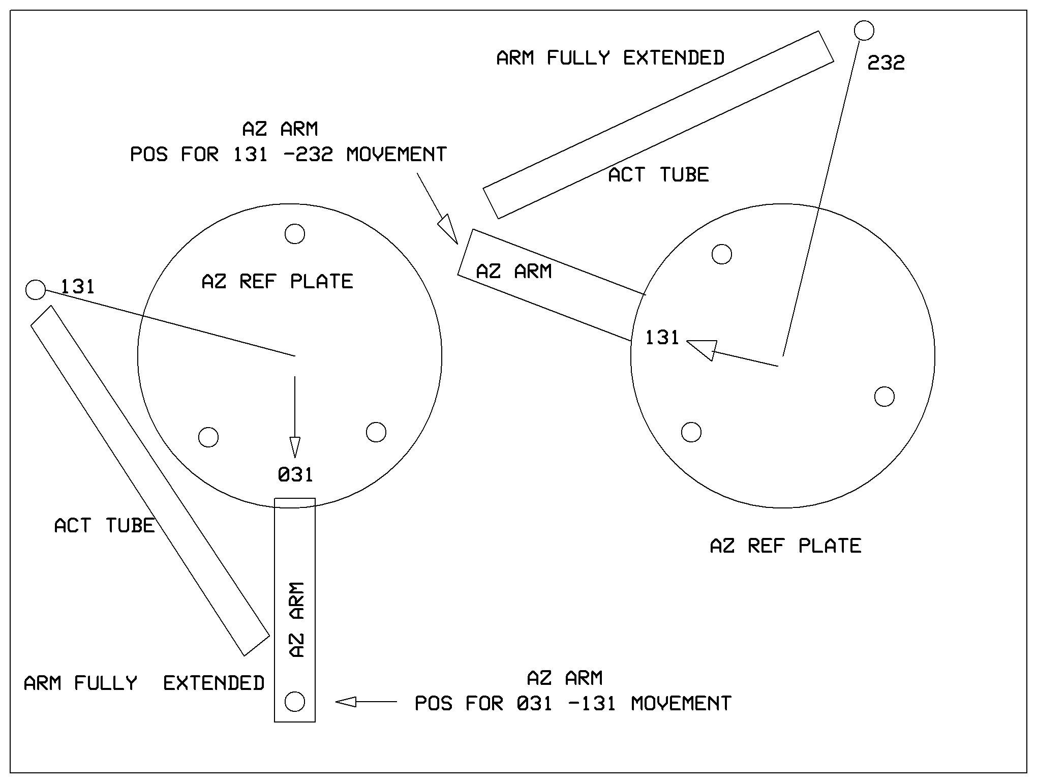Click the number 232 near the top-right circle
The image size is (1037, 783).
[886, 63]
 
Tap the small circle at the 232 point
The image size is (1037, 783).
[864, 31]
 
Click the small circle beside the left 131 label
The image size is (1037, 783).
[36, 290]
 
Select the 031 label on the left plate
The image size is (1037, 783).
[295, 475]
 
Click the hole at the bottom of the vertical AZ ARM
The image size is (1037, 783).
[295, 702]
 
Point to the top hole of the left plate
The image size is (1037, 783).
[295, 234]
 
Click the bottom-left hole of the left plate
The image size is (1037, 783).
[208, 437]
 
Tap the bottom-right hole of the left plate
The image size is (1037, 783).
[376, 432]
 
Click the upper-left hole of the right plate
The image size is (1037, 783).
[722, 254]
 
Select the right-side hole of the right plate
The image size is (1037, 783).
[884, 397]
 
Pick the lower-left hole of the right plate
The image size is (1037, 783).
[691, 432]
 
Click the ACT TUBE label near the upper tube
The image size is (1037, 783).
[658, 175]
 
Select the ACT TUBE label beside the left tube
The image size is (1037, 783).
[104, 526]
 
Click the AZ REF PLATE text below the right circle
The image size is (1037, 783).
[785, 546]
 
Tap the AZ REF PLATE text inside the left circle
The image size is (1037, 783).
[277, 282]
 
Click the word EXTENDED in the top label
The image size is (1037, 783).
[674, 58]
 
